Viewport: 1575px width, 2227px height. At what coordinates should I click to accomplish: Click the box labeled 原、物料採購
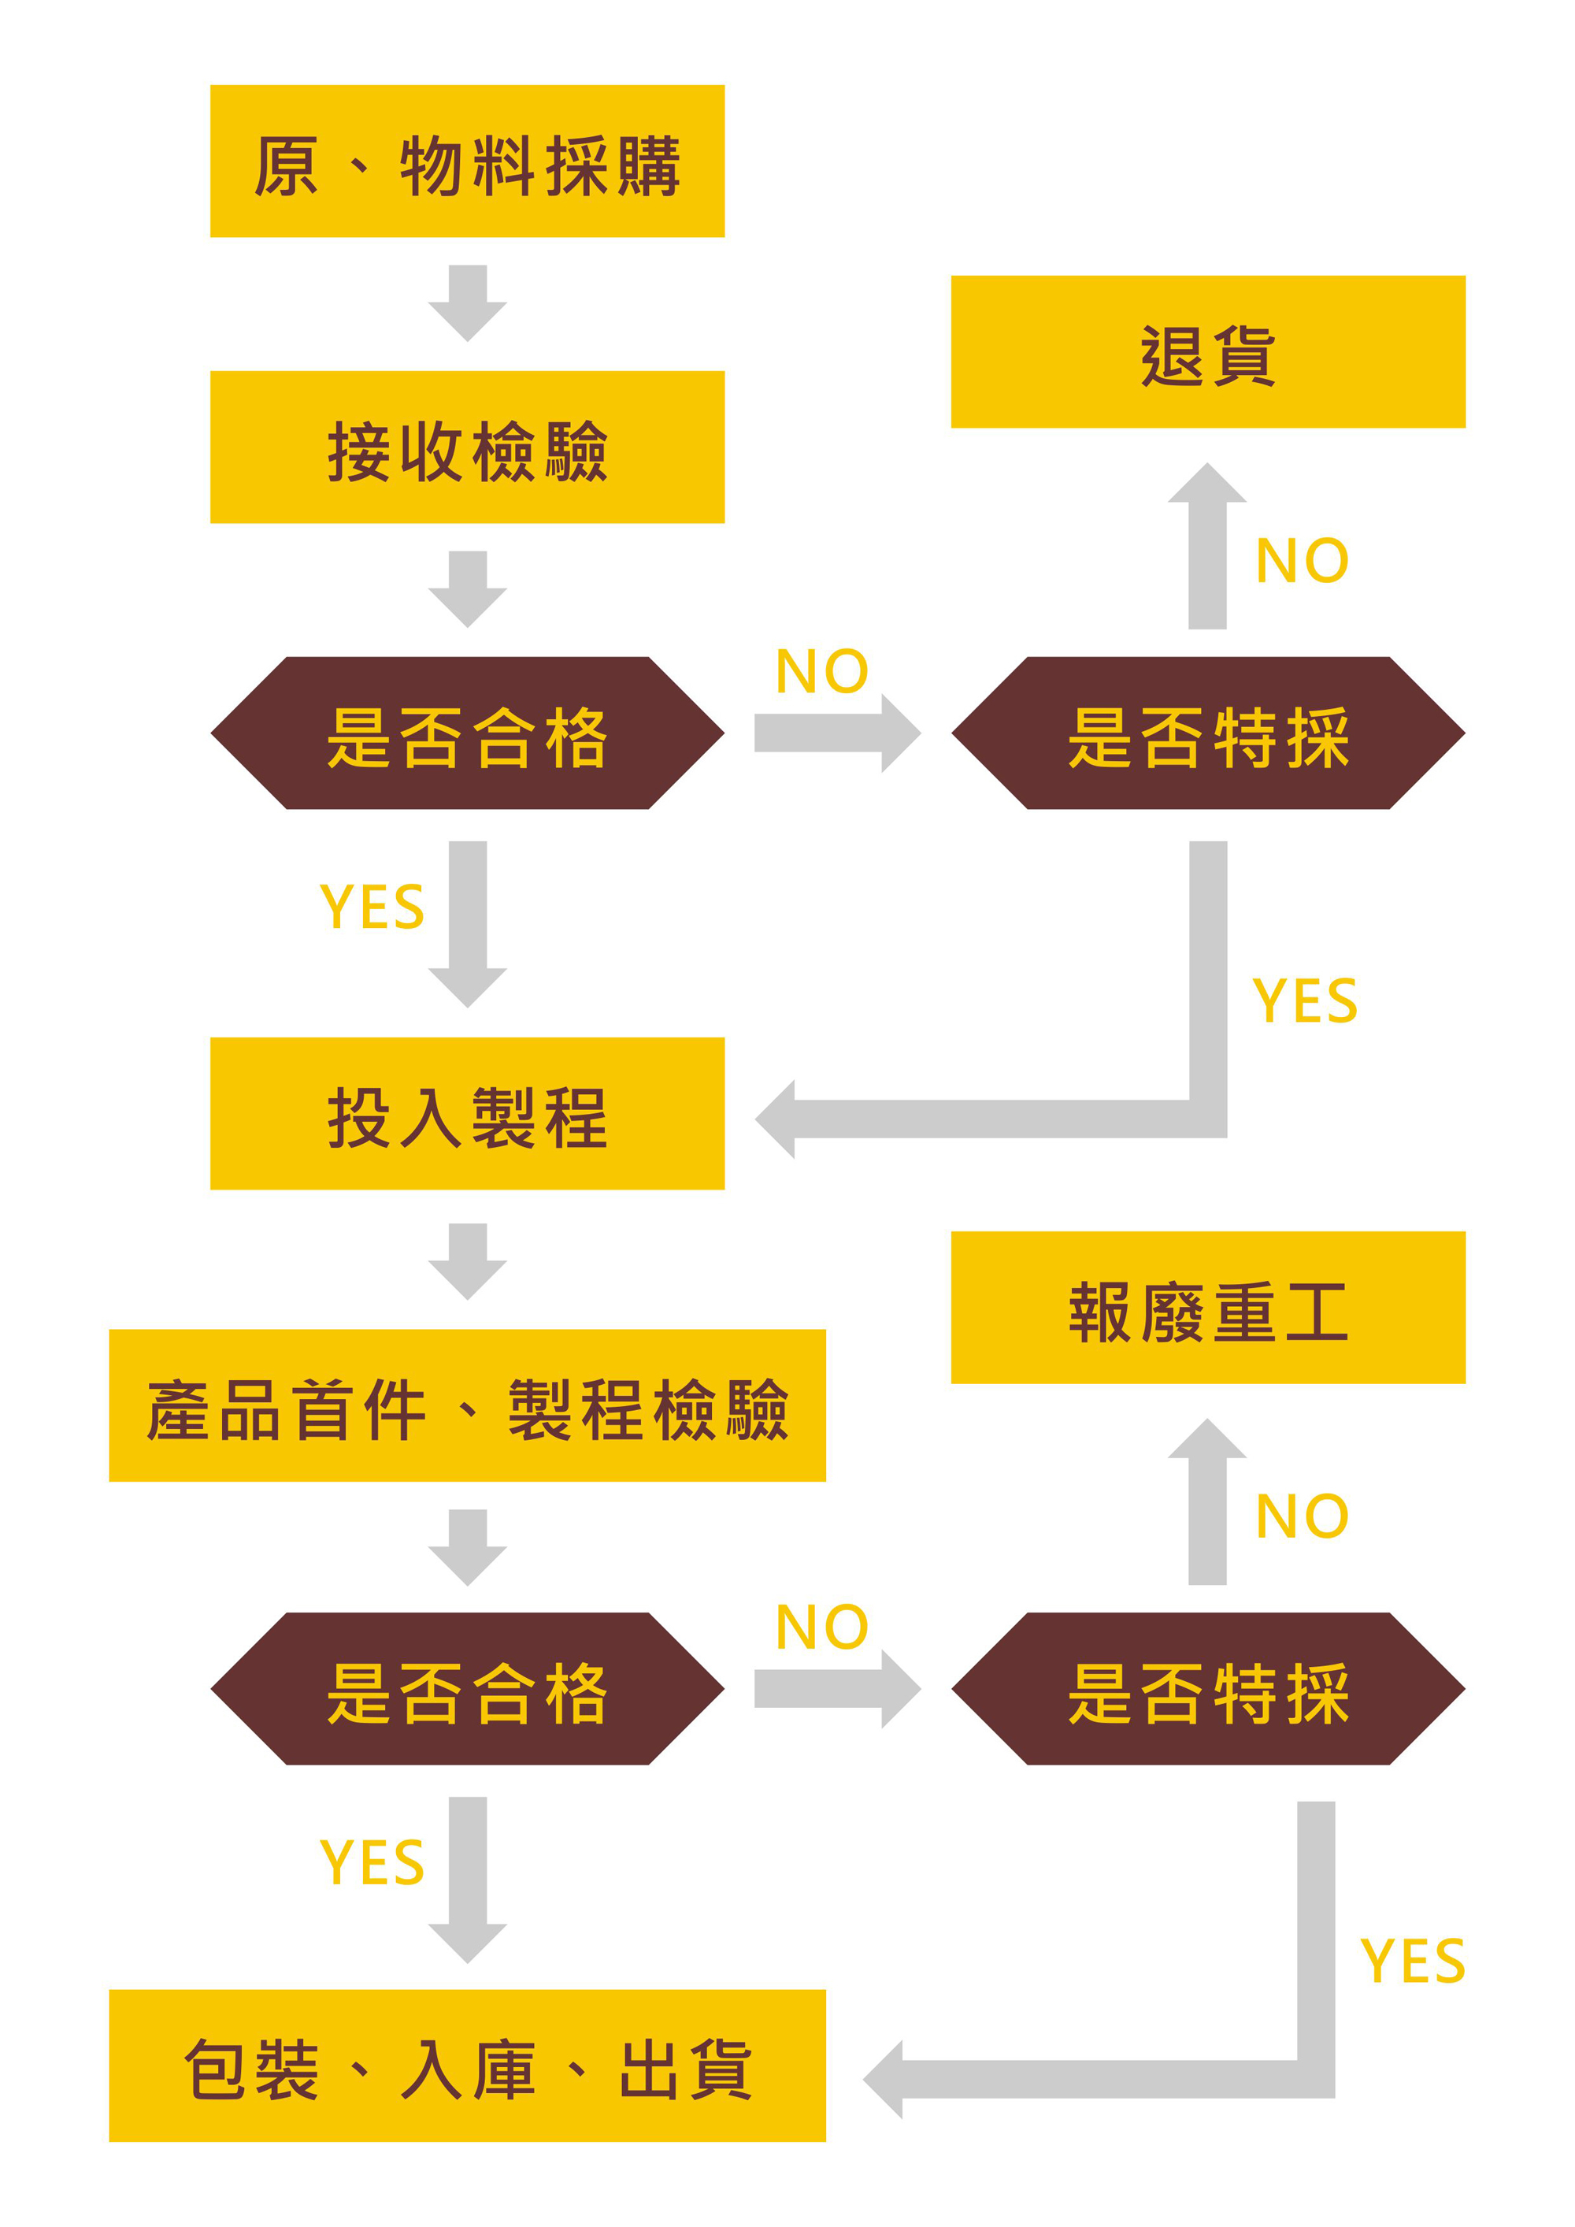(468, 161)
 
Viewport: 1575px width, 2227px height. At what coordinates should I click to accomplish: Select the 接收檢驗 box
(468, 447)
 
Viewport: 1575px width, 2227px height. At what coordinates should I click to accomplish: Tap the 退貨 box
(1208, 352)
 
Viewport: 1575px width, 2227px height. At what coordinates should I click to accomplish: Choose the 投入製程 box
(468, 1114)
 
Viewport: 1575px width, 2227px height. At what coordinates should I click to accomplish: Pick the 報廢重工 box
(1208, 1308)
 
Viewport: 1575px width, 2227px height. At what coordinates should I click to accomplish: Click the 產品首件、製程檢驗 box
(468, 1405)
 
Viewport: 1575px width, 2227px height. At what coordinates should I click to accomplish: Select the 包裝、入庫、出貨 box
(468, 2066)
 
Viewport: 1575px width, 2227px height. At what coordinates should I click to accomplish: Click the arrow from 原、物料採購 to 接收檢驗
(468, 303)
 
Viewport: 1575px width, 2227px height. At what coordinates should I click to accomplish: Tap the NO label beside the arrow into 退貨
(1302, 561)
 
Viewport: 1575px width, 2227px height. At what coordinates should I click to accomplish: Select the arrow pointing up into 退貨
(1207, 546)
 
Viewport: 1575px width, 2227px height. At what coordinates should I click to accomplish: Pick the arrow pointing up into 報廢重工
(1207, 1502)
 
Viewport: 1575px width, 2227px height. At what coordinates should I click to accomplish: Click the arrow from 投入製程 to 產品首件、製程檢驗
(468, 1262)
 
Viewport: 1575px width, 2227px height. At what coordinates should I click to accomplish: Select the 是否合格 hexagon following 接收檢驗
(468, 733)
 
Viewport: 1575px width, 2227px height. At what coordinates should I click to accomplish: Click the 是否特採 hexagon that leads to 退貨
(1208, 733)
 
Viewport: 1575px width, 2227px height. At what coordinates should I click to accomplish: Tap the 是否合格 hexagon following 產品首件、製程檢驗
(468, 1689)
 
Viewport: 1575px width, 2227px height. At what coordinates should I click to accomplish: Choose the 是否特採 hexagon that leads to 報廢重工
(1208, 1689)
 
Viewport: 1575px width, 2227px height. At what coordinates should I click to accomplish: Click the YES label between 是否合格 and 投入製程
(372, 907)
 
